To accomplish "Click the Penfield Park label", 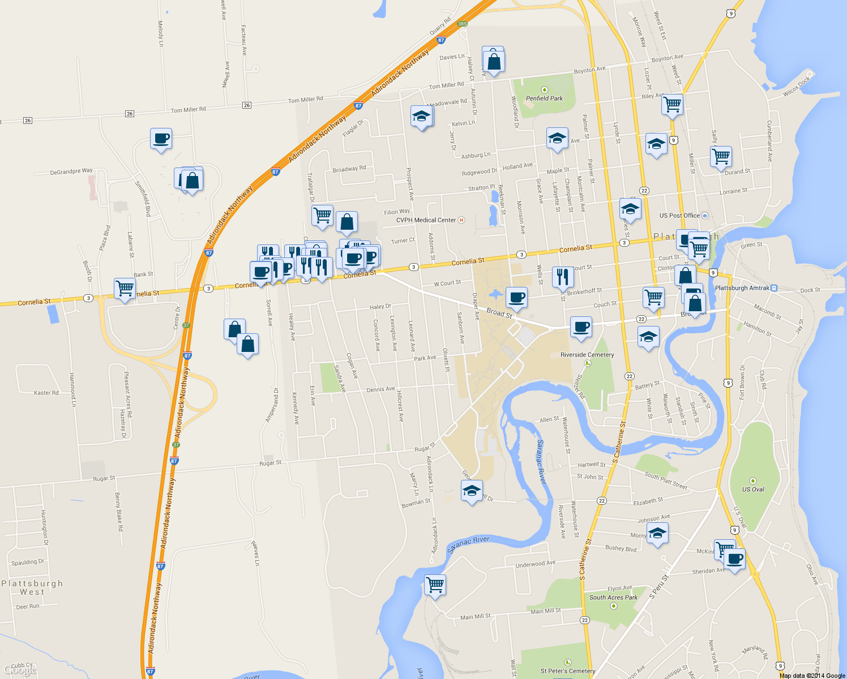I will click(x=544, y=98).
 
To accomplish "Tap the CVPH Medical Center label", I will click(x=426, y=220).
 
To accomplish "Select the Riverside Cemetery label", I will click(x=587, y=355).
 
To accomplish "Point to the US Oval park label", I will click(x=753, y=489).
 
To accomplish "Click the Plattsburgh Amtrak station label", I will click(x=742, y=288).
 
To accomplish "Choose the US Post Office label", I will click(x=679, y=216).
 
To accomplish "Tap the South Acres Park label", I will click(x=613, y=598).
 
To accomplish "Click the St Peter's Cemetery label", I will click(x=567, y=671).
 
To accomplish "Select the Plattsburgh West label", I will click(x=32, y=587).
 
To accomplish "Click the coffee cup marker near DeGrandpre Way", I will click(x=161, y=138).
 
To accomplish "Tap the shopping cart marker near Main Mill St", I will click(x=435, y=584).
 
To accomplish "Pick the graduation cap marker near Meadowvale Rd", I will click(x=421, y=117).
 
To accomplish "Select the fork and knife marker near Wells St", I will click(x=562, y=276).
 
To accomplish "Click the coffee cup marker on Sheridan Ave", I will click(x=735, y=559).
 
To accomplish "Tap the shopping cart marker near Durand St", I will click(x=721, y=156).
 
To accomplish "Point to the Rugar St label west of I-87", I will click(x=104, y=479).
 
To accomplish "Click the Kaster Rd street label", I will click(x=46, y=393).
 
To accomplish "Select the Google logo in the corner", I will click(x=21, y=671).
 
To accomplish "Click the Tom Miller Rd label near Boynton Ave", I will click(x=446, y=85).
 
